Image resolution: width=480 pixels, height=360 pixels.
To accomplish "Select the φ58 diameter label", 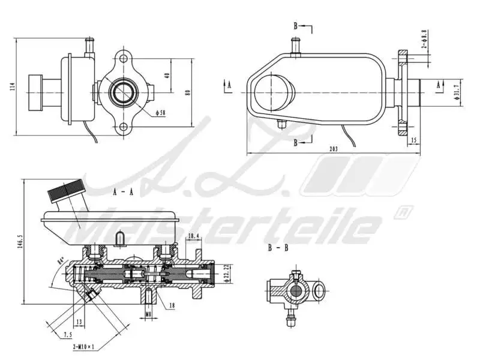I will (x=160, y=112).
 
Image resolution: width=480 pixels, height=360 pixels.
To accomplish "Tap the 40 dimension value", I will (x=167, y=76).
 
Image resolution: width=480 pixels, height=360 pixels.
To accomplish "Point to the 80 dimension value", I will (x=188, y=92).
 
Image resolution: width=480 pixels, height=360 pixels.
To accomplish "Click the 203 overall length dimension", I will (x=334, y=149).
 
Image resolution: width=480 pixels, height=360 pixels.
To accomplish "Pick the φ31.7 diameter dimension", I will (x=458, y=89).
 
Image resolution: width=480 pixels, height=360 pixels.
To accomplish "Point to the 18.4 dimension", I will (x=193, y=236).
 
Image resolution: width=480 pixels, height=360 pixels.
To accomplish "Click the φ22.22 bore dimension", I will (x=226, y=273).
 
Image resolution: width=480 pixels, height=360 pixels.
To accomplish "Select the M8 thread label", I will (x=148, y=313).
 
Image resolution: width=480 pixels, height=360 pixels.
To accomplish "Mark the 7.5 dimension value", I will (x=68, y=335).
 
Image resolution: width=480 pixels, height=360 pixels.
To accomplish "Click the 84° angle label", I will (x=60, y=262).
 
